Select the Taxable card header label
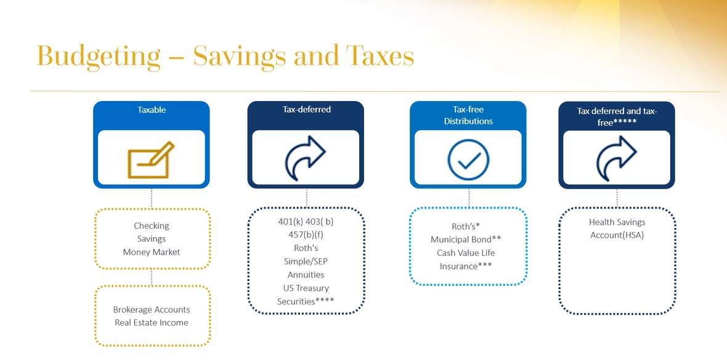(x=152, y=110)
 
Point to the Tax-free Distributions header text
(x=468, y=115)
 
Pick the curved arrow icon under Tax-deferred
(x=305, y=158)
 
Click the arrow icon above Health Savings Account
(x=617, y=158)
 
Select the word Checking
(x=152, y=226)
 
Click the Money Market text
(x=152, y=252)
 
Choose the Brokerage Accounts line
(x=152, y=309)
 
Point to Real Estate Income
(x=152, y=322)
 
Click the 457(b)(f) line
(x=306, y=235)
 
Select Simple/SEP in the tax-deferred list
(x=306, y=261)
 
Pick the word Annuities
(x=306, y=275)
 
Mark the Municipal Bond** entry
(x=466, y=239)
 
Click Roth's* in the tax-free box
(x=466, y=226)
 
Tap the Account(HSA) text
(x=617, y=235)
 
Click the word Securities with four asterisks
(x=306, y=301)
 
